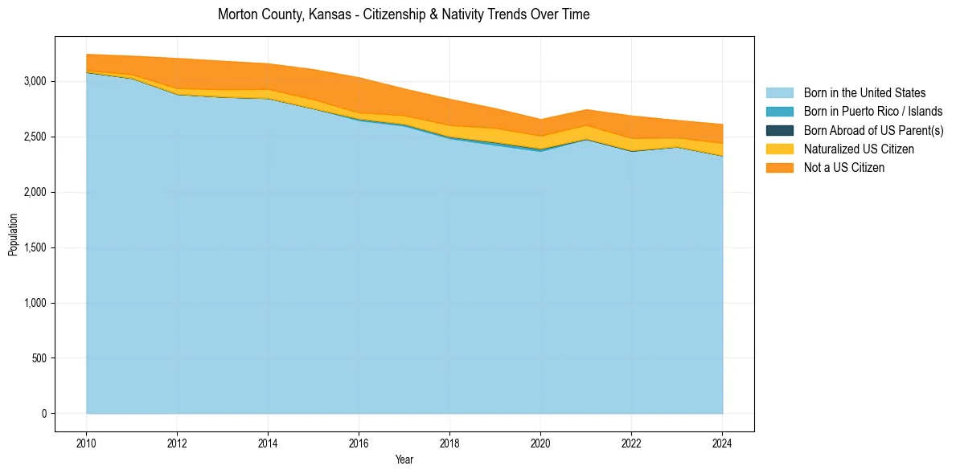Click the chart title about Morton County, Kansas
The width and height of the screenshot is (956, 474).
pyautogui.click(x=404, y=14)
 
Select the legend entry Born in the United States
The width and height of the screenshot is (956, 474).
pyautogui.click(x=864, y=93)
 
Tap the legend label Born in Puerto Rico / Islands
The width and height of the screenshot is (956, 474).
pyautogui.click(x=872, y=112)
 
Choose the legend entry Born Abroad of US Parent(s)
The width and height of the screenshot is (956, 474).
pyautogui.click(x=873, y=130)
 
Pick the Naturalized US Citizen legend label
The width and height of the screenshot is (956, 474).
pyautogui.click(x=859, y=149)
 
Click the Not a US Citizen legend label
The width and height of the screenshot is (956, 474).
pyautogui.click(x=843, y=168)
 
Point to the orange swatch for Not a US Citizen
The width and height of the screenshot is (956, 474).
pyautogui.click(x=779, y=168)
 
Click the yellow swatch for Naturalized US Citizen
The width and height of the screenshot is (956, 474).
pyautogui.click(x=779, y=149)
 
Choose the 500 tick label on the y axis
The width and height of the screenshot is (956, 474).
pyautogui.click(x=38, y=358)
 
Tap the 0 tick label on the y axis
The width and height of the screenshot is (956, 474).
pyautogui.click(x=43, y=414)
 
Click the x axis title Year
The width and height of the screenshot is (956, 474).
pyautogui.click(x=404, y=460)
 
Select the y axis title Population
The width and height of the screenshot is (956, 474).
pyautogui.click(x=13, y=235)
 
